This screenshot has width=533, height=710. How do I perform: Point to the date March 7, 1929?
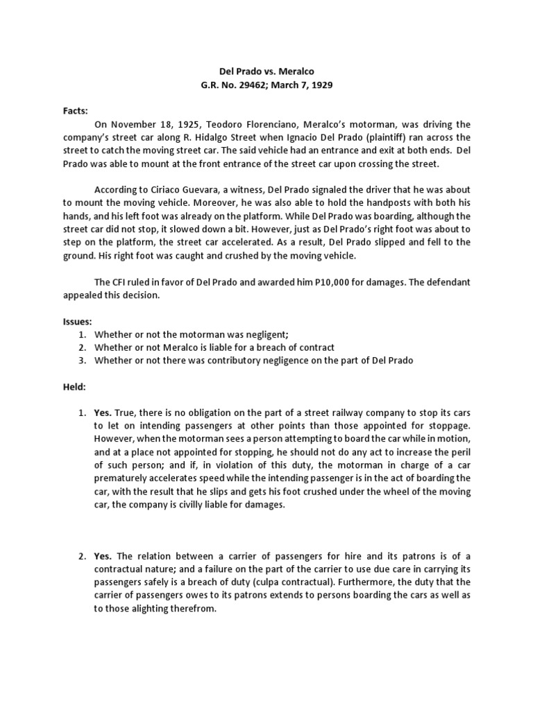tap(303, 85)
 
